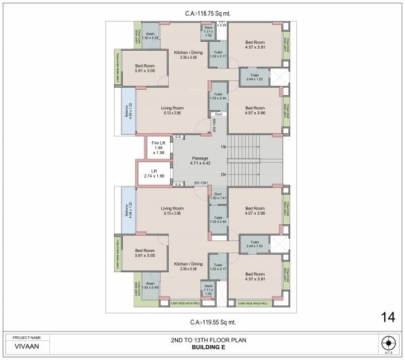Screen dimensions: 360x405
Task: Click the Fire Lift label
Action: click(x=159, y=143)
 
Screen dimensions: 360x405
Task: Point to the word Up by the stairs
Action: click(x=223, y=146)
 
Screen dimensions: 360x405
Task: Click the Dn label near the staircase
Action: click(x=223, y=174)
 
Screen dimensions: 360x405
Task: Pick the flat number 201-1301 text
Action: click(x=200, y=182)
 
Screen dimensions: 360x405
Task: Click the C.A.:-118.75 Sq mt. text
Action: click(x=200, y=13)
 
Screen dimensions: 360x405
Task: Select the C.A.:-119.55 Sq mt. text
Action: click(x=200, y=322)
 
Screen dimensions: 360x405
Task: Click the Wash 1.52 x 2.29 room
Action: click(x=150, y=36)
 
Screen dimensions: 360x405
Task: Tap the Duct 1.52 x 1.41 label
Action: click(x=217, y=196)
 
